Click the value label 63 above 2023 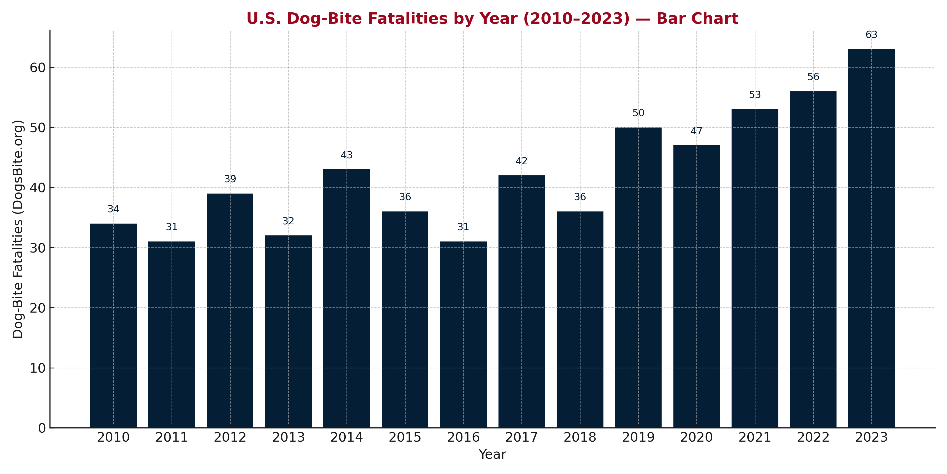(871, 35)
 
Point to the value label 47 (696, 131)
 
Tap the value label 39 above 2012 (230, 179)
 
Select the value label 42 (521, 161)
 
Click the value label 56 (813, 77)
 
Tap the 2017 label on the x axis (521, 438)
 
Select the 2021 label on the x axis (755, 438)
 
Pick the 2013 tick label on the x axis (288, 438)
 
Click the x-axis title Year (492, 455)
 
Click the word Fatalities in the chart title (411, 19)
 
